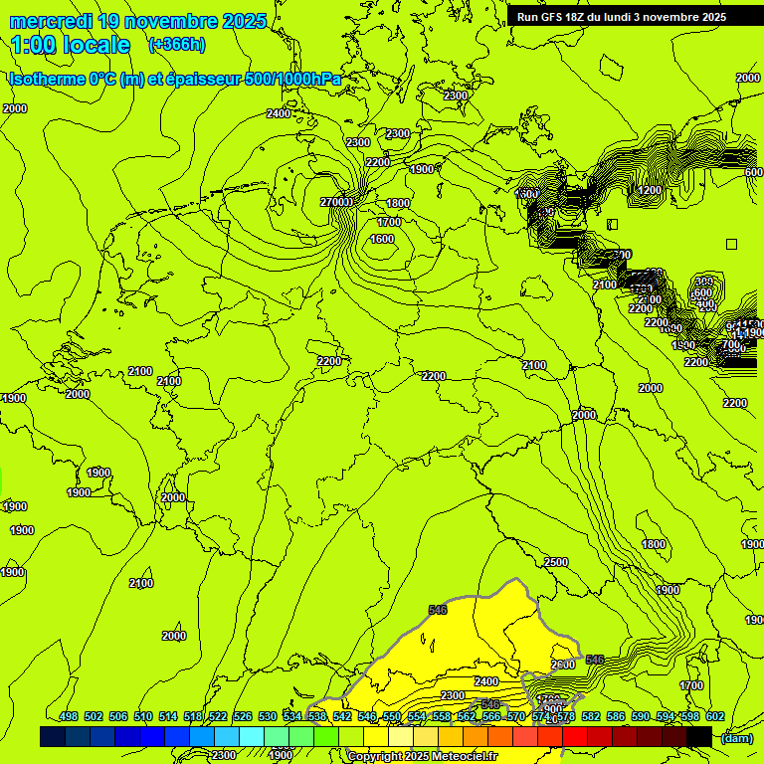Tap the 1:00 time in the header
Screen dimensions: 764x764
pos(34,45)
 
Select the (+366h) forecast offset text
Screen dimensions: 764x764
pos(177,45)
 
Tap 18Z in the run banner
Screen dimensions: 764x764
pos(586,17)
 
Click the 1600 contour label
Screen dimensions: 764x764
pos(382,239)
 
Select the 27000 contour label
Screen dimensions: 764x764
pos(337,202)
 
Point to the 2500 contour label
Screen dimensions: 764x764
pos(556,562)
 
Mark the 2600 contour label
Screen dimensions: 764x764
pos(563,665)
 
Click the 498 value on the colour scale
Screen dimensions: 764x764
pos(69,716)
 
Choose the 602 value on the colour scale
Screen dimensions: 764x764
pos(715,716)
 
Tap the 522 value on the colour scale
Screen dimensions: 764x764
pos(218,716)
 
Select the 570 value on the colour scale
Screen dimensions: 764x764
pos(516,716)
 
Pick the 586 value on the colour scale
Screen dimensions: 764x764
pos(616,716)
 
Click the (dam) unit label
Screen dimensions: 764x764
pos(736,737)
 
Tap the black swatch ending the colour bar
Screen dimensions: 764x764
pos(699,736)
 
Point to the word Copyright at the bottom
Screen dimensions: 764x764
pos(375,756)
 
